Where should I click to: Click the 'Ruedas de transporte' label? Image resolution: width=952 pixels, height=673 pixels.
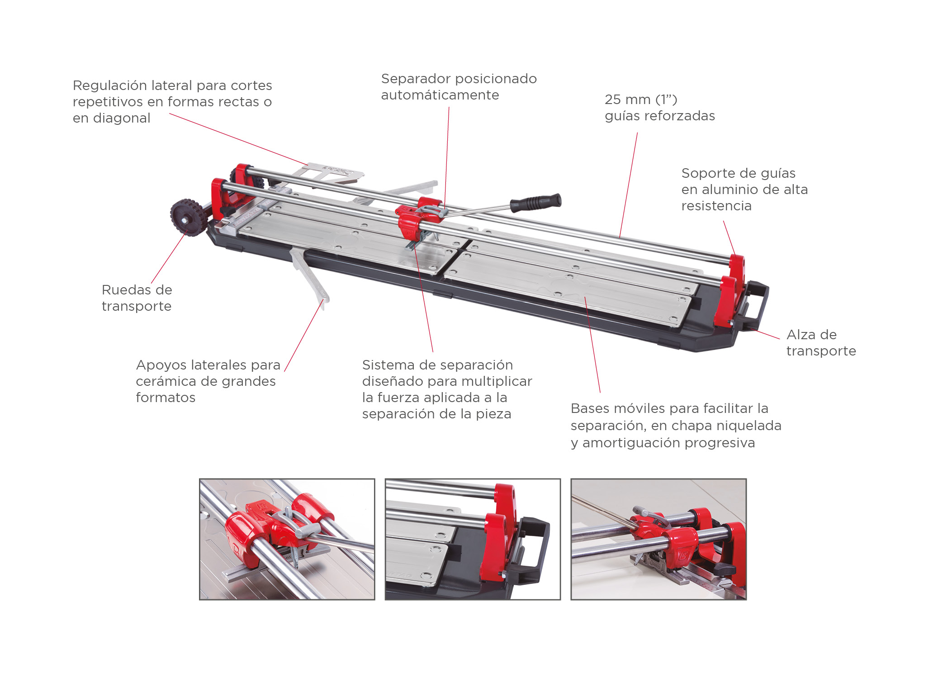[137, 298]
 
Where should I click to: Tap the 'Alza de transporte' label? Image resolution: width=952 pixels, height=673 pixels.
[821, 343]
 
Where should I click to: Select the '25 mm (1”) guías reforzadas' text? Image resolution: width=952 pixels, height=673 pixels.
[659, 108]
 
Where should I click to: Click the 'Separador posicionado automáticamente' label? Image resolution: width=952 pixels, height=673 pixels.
[459, 87]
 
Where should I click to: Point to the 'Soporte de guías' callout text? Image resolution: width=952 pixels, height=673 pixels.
[744, 190]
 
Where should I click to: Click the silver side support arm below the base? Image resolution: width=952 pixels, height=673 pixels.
[309, 276]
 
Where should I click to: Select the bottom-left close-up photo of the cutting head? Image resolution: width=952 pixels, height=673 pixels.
[287, 539]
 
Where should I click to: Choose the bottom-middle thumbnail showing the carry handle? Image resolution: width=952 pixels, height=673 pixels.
[473, 539]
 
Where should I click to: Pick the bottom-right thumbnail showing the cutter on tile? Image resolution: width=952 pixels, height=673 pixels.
[658, 539]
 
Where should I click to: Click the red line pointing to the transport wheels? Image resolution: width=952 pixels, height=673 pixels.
[169, 257]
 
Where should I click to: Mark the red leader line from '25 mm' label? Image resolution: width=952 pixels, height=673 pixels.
[629, 185]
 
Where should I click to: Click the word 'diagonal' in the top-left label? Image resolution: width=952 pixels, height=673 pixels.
[121, 118]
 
